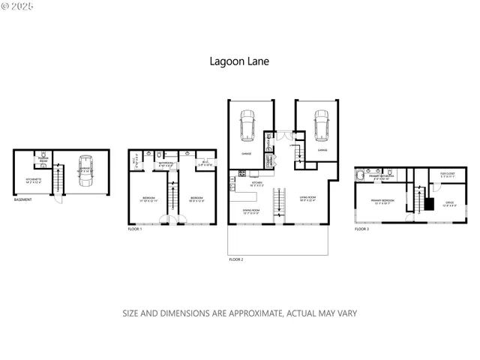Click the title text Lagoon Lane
click(x=240, y=63)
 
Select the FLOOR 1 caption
click(x=135, y=229)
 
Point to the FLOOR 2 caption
click(x=236, y=259)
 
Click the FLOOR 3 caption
click(x=361, y=229)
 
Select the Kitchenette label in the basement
click(x=33, y=180)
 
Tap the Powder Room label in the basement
click(x=43, y=160)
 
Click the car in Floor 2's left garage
click(x=247, y=125)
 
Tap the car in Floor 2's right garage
click(x=321, y=125)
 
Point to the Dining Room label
click(x=250, y=212)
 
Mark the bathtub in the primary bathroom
click(x=361, y=176)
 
